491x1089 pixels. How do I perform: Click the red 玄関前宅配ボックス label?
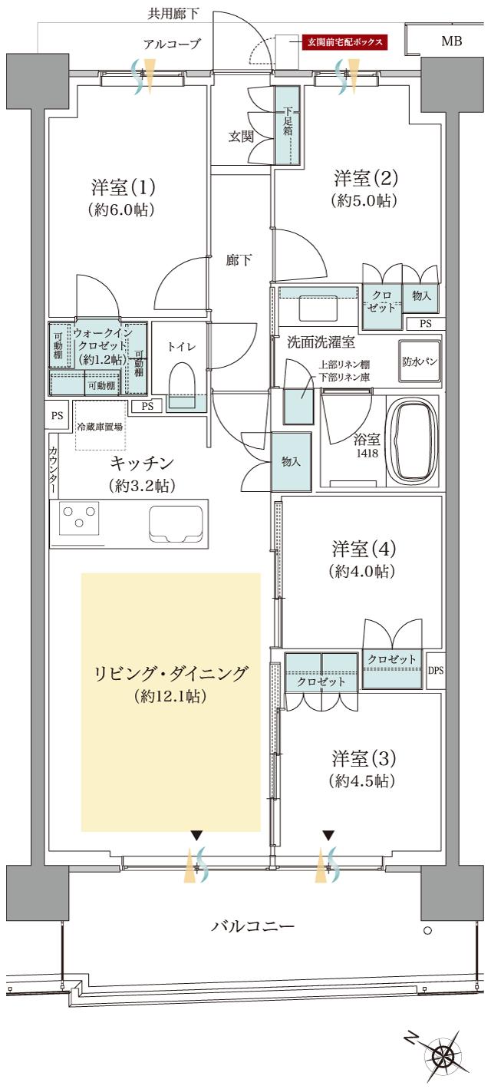[344, 42]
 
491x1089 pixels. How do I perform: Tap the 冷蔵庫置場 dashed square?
[100, 425]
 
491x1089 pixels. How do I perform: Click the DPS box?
[435, 669]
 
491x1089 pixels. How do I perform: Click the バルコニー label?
[252, 926]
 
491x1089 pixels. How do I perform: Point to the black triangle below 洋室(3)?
[328, 834]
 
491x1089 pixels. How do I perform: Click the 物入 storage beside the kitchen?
[291, 461]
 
